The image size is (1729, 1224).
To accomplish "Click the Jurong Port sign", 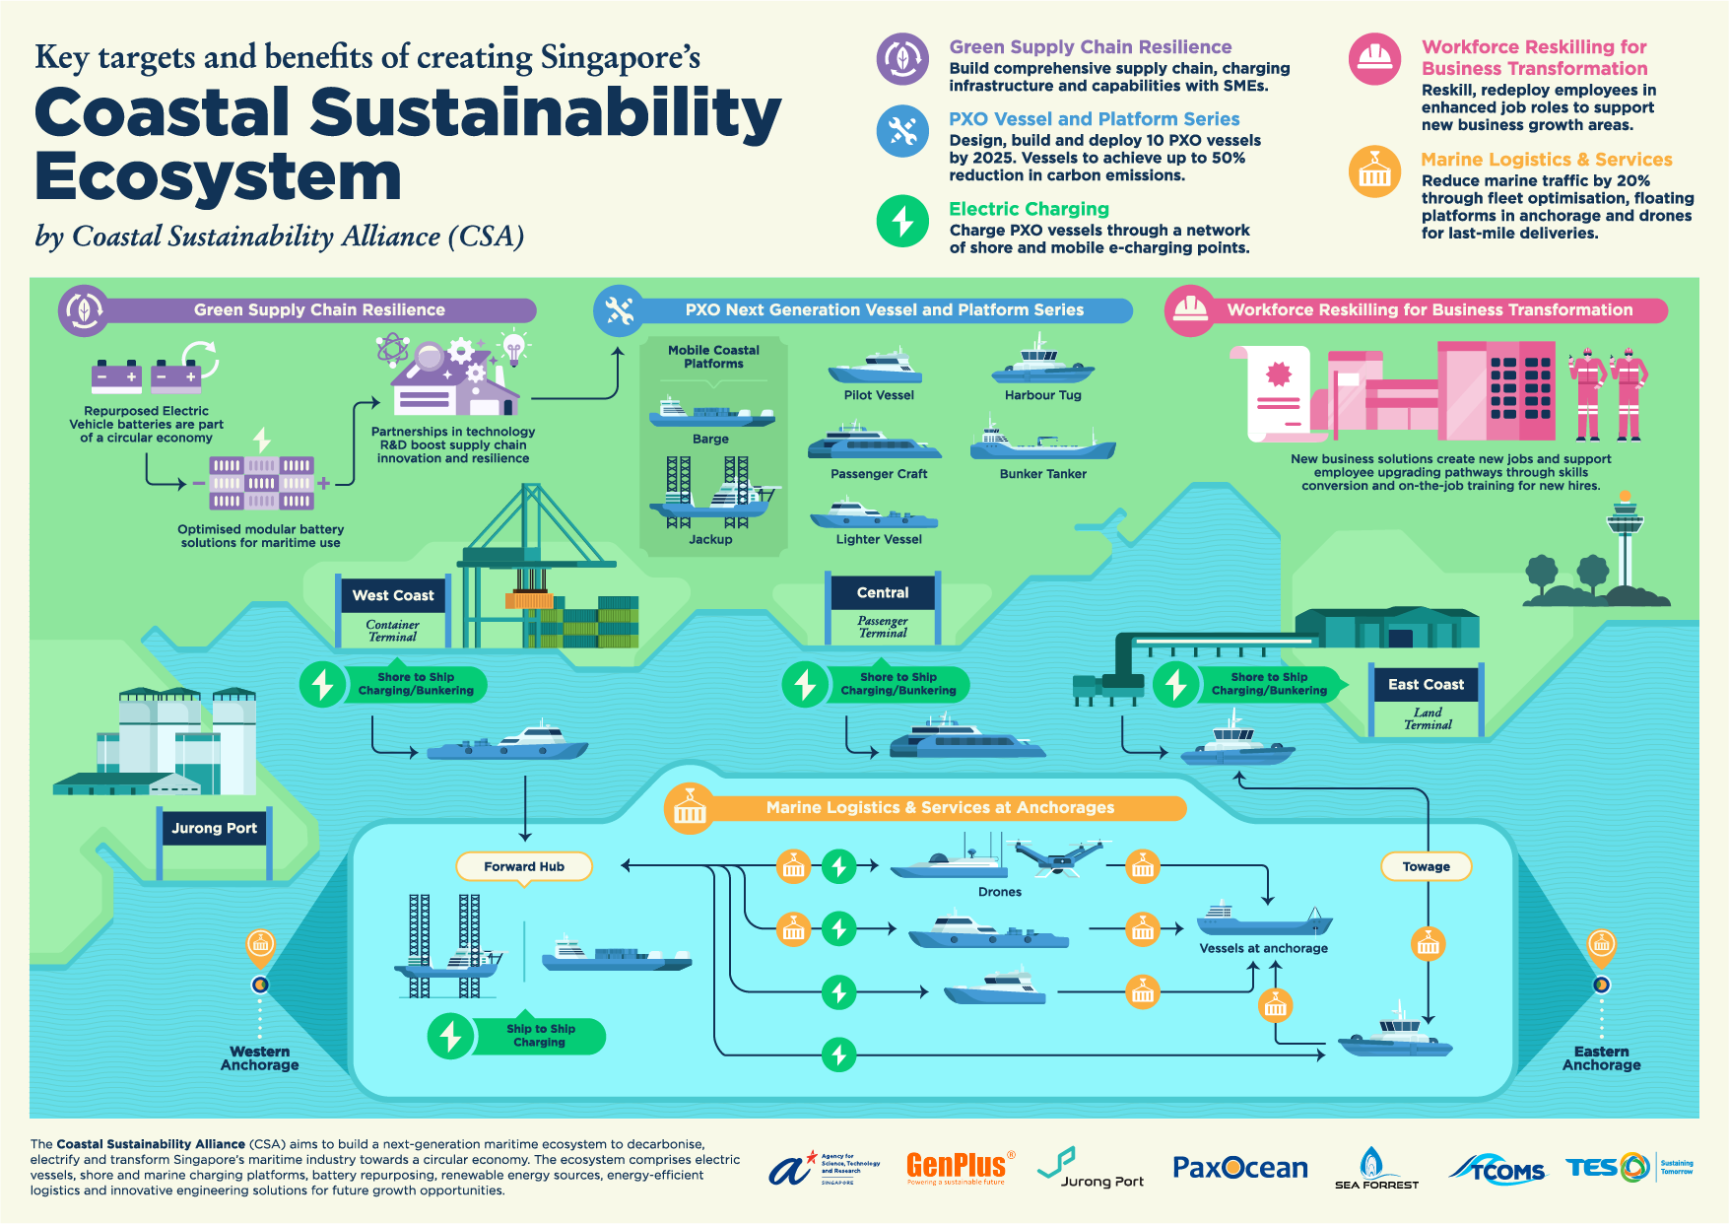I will (214, 828).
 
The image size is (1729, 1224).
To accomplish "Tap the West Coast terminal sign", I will (392, 595).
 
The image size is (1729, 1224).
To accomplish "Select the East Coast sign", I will (1426, 684).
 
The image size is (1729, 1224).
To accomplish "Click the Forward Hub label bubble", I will (524, 866).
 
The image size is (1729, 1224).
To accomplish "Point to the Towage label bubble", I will (1426, 866).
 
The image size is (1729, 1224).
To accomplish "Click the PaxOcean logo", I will (1239, 1168).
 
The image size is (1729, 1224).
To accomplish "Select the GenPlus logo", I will (957, 1167).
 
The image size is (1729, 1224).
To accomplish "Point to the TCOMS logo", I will (1497, 1169).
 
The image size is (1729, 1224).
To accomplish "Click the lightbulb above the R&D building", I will (513, 346).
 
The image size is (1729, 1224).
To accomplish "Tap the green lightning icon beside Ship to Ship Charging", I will (451, 1036).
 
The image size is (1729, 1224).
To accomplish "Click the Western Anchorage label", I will (259, 1057).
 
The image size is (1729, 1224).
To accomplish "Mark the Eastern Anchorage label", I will (1601, 1057).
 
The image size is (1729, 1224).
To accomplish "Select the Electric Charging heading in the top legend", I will (1029, 209).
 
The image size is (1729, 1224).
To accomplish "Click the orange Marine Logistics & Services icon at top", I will (1374, 171).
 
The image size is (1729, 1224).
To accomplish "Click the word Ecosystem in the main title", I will (218, 177).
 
